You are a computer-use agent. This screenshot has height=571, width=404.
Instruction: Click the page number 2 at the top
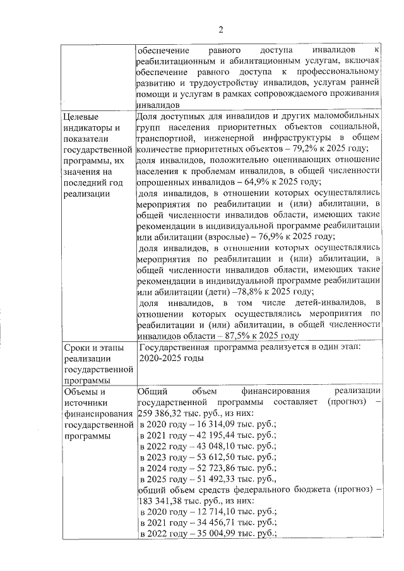tap(221, 30)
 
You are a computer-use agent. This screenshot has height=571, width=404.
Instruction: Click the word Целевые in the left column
tap(83, 117)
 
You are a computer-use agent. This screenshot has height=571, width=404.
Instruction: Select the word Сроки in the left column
tap(78, 348)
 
